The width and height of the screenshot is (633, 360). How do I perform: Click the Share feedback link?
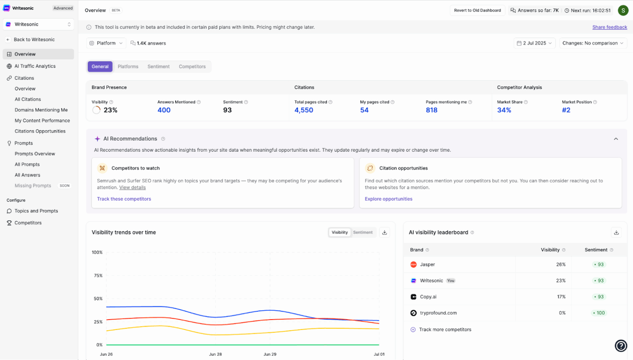(610, 27)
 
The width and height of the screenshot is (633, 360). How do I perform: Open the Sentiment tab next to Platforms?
(158, 66)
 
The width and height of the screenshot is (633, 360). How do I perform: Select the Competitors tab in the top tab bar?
(192, 66)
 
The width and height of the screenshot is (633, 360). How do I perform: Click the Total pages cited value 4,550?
(304, 110)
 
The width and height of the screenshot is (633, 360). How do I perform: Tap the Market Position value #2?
(566, 110)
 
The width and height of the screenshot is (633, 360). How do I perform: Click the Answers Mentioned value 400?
(164, 110)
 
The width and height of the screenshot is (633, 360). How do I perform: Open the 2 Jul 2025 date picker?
(535, 43)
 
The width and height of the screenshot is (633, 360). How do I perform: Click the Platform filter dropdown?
(106, 43)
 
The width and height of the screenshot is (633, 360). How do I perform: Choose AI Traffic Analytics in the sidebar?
(35, 66)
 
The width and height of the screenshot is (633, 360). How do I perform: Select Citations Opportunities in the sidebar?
(40, 131)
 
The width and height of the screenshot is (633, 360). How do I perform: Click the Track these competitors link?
(124, 199)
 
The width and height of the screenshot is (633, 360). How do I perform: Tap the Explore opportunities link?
(388, 199)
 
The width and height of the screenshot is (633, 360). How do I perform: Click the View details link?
(132, 188)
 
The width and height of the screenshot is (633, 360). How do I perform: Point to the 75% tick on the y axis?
(98, 275)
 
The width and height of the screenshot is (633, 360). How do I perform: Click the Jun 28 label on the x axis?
(215, 354)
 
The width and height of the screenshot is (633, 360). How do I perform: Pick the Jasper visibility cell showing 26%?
(560, 264)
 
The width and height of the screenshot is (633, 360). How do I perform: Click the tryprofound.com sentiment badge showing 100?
(599, 313)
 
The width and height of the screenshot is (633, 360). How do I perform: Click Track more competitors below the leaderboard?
(445, 329)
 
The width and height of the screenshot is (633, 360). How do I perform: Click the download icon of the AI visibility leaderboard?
(616, 233)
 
